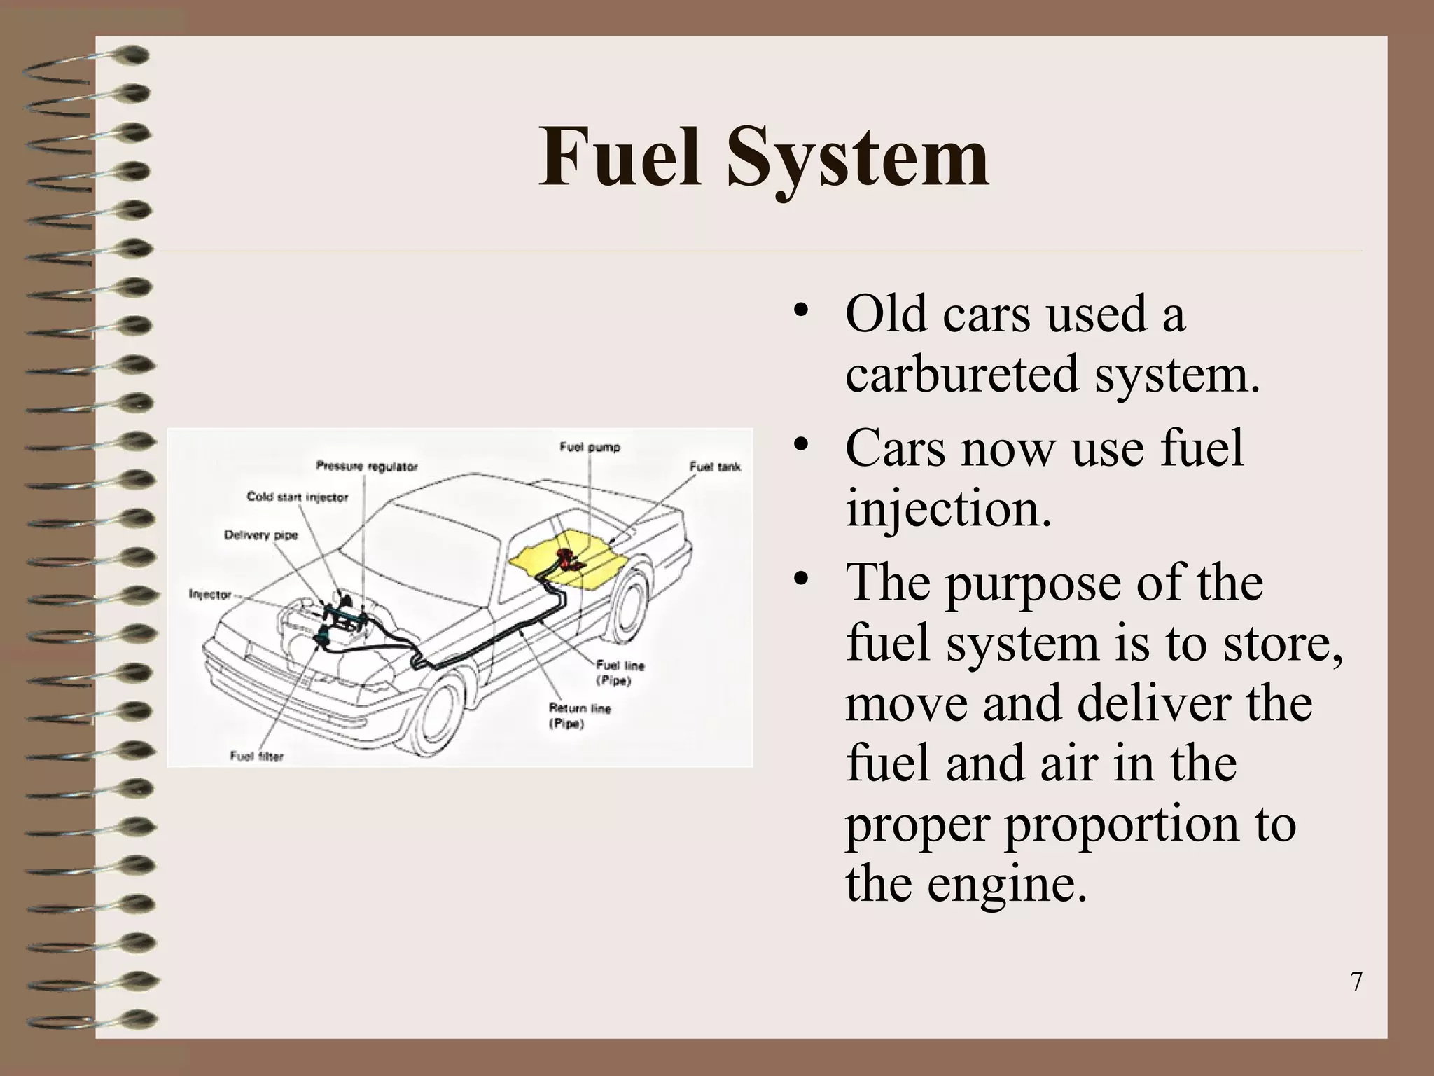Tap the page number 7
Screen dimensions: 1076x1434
(1356, 982)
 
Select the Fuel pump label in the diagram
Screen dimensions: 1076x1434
(590, 447)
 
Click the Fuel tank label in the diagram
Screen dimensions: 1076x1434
(714, 467)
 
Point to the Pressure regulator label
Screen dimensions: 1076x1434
(366, 467)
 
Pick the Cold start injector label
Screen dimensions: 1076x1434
(297, 497)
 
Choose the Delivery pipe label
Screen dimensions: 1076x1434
(260, 535)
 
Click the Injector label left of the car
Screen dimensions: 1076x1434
(209, 594)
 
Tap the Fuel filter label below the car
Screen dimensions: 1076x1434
(256, 756)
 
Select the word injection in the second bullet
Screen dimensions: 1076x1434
(948, 509)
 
